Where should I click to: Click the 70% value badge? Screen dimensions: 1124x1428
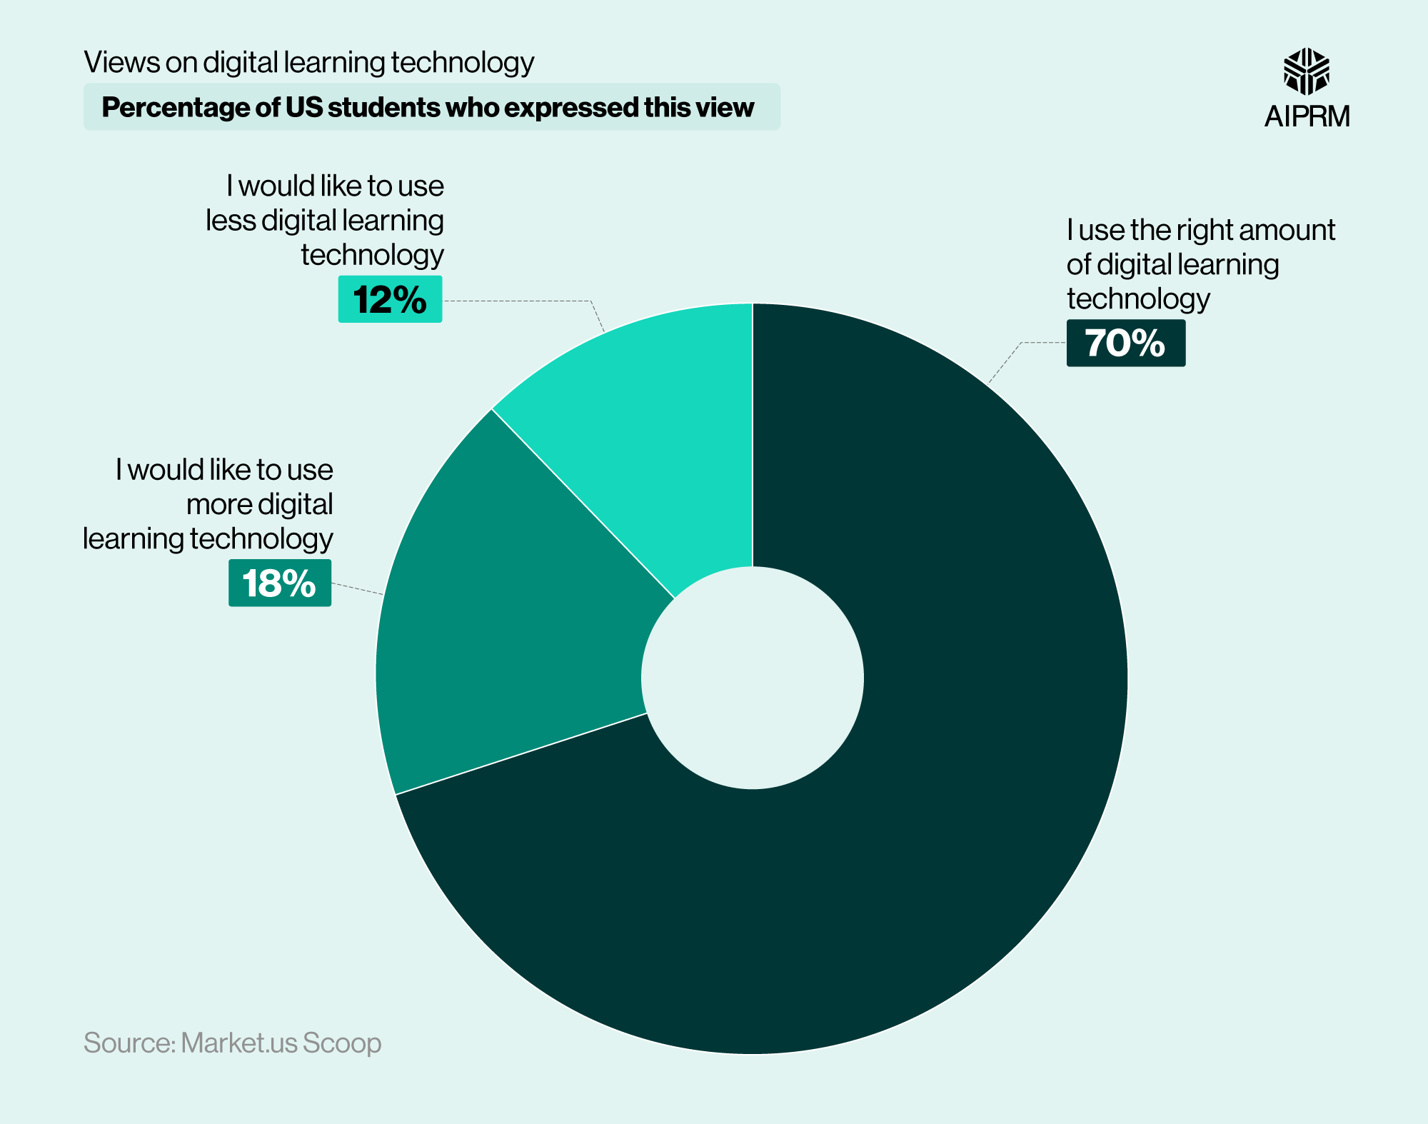point(1125,343)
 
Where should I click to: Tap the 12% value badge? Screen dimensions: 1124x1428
point(390,299)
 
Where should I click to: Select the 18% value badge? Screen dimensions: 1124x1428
point(279,583)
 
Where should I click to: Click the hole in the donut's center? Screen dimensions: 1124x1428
point(752,678)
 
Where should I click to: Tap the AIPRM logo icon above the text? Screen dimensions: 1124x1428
point(1306,71)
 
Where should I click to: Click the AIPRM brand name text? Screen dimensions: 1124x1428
point(1307,116)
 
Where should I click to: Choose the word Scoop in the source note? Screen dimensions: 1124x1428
point(341,1043)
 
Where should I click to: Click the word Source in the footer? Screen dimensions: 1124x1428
point(129,1043)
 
